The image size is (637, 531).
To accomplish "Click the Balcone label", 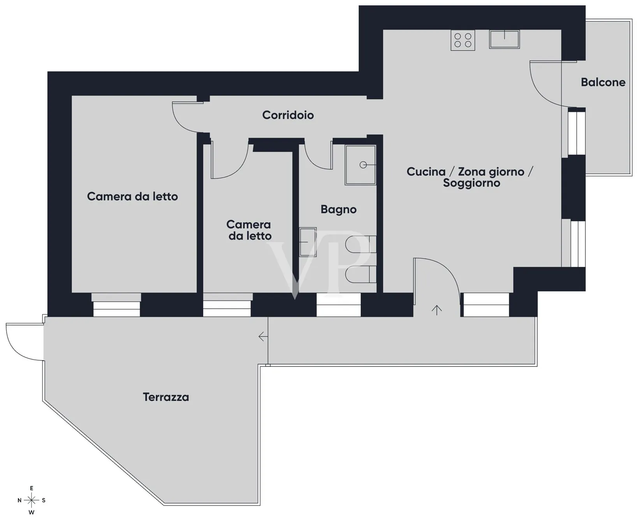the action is (x=603, y=82).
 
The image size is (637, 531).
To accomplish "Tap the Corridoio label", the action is (x=288, y=115).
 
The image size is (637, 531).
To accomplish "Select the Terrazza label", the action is (x=166, y=397).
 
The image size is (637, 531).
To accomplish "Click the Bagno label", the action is (x=338, y=210).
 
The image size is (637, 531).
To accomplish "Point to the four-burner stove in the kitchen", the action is (x=463, y=40).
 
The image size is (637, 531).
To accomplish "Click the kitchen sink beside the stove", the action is (x=504, y=39).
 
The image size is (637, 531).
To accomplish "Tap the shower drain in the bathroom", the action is (x=363, y=165).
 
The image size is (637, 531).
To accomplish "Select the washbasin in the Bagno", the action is (x=308, y=242).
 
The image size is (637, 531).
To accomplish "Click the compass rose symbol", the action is (x=32, y=500).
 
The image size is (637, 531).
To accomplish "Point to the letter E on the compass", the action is (x=32, y=489).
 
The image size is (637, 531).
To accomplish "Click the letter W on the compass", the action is (x=32, y=512).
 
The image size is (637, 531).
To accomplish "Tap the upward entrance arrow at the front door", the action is (x=436, y=310).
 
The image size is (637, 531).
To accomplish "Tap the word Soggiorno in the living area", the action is (x=472, y=183).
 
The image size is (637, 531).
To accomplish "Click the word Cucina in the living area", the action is (x=426, y=172).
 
